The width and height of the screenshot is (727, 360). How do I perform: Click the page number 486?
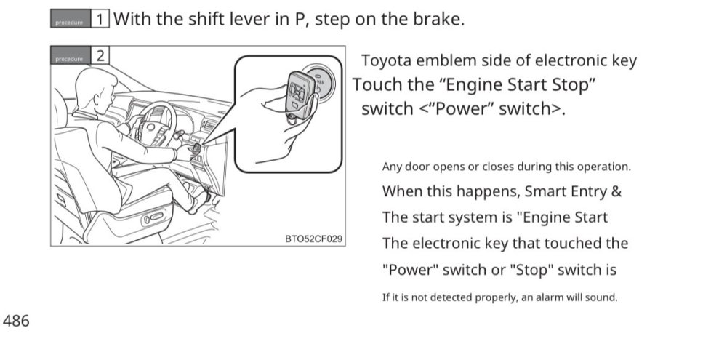(x=16, y=321)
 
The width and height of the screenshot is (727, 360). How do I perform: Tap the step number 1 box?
(x=100, y=19)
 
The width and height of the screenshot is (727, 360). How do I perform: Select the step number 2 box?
(x=100, y=56)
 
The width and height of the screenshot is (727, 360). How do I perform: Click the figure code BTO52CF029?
(x=313, y=239)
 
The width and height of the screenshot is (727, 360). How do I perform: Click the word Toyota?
(x=386, y=61)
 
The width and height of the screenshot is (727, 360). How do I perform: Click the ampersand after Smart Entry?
(x=616, y=191)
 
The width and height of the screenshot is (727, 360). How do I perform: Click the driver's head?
(x=95, y=89)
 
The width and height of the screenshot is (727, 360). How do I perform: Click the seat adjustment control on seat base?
(x=153, y=217)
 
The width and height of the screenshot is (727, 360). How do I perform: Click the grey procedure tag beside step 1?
(x=71, y=19)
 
